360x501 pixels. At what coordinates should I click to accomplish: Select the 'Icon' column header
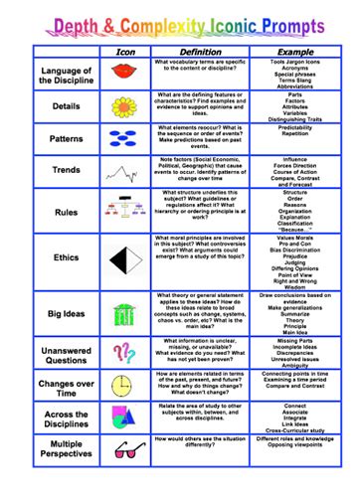(x=125, y=51)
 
